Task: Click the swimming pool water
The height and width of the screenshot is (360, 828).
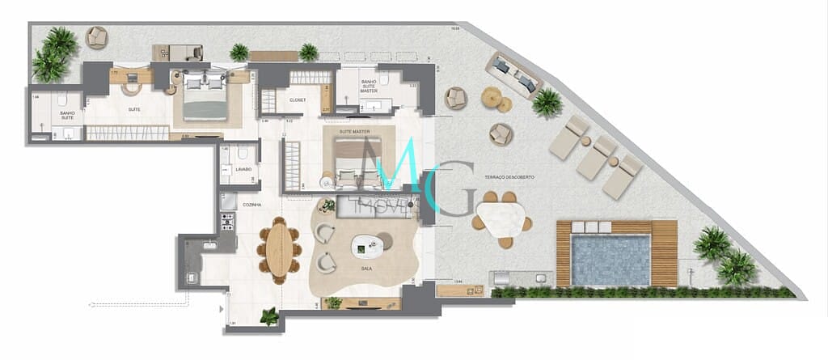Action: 611,260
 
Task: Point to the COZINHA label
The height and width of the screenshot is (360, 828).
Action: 251,205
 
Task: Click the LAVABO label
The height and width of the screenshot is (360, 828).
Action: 243,169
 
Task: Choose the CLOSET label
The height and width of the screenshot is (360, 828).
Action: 297,100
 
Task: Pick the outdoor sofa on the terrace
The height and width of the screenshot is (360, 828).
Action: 514,75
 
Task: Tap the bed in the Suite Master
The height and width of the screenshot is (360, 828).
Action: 353,159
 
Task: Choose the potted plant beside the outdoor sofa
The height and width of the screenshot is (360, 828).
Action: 547,102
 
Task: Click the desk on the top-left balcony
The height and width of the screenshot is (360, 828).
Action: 177,53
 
